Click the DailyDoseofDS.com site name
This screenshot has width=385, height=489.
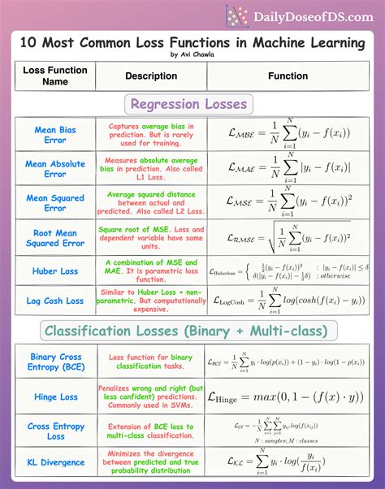point(309,16)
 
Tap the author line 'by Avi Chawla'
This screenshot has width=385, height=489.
point(192,55)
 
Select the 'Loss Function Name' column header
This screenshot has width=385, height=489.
point(55,76)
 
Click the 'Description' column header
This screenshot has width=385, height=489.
point(151,76)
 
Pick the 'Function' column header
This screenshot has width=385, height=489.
point(288,76)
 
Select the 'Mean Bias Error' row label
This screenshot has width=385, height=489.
point(55,135)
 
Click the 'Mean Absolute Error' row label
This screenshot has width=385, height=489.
point(55,169)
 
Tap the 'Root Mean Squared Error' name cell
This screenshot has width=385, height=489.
point(55,237)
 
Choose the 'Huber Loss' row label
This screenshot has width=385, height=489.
point(55,270)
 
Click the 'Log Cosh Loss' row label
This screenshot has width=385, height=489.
point(55,301)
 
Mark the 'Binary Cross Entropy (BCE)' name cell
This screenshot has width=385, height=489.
point(55,362)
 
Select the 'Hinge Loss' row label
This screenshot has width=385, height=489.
point(55,397)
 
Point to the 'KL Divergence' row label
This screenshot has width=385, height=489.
point(55,463)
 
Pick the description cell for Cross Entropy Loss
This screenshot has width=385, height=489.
point(151,431)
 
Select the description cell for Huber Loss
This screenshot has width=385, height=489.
point(151,270)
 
